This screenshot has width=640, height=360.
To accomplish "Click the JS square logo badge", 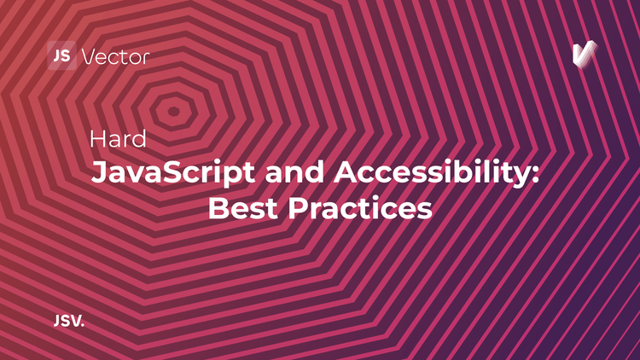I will click(61, 55).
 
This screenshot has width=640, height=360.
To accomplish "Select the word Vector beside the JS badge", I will click(115, 56).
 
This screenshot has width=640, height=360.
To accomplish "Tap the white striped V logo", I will click(585, 55).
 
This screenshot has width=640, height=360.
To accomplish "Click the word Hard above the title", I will click(118, 138).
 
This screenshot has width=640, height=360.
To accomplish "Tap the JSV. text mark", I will click(68, 322).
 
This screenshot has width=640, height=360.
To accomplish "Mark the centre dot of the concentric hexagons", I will click(174, 110).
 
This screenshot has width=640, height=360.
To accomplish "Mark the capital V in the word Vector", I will click(88, 56).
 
